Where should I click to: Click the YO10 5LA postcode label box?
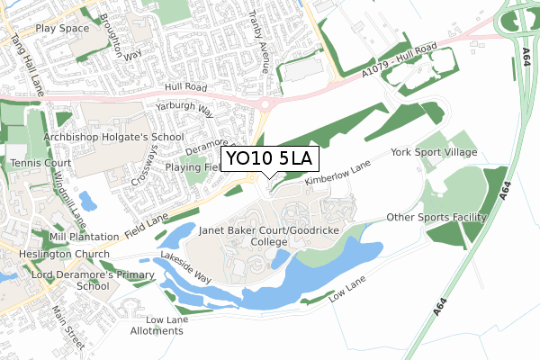coord(269,159)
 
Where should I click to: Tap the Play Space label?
coord(63,29)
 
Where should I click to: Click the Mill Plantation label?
coord(84,237)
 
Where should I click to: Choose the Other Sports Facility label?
coord(436,218)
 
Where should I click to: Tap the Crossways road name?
coord(140,167)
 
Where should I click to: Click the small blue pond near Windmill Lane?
coord(87,200)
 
